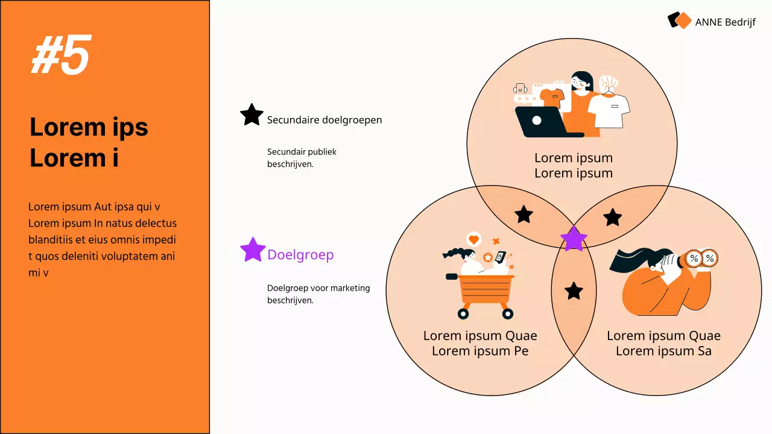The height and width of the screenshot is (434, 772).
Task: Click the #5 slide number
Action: coord(61,55)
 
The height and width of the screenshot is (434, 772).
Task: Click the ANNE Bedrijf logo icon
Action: coord(679,20)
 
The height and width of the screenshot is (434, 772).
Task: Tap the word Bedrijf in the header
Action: coord(739,22)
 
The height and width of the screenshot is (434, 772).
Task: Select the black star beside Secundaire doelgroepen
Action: coord(252,115)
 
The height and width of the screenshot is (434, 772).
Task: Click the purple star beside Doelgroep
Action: coord(253,250)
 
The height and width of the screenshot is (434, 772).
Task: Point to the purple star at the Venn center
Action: coord(574,239)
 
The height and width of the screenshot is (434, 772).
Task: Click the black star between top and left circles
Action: coord(524,214)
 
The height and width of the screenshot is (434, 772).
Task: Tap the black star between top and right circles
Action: coord(613,217)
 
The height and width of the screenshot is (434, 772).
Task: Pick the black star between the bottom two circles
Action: coord(574,291)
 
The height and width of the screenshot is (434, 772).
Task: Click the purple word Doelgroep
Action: coord(300,254)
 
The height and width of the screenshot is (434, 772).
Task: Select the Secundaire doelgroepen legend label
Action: coord(324,120)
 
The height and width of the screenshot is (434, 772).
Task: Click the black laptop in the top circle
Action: coord(539,122)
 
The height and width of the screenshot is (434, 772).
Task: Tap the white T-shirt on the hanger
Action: coord(609,108)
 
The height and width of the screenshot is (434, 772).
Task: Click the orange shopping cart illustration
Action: coord(486,292)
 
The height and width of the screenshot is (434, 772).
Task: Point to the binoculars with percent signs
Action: coord(700,259)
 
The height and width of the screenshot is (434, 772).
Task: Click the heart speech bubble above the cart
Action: coord(473,239)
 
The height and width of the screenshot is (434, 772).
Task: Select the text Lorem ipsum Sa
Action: coord(663,351)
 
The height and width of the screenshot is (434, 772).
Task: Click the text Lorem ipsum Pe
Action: coord(480,351)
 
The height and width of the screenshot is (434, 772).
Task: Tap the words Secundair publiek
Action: coord(302,152)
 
